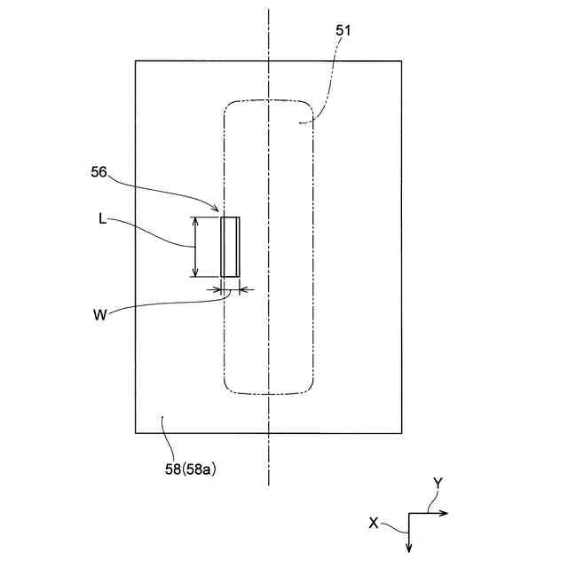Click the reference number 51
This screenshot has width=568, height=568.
click(343, 30)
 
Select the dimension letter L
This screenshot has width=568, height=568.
click(103, 218)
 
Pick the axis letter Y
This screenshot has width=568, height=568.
click(438, 482)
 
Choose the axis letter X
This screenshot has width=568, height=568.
click(374, 524)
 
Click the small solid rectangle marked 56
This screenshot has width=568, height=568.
click(230, 247)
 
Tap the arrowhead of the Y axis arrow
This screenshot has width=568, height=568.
click(446, 513)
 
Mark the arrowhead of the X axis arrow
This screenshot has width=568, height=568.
click(408, 548)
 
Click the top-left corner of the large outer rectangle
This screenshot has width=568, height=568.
click(136, 60)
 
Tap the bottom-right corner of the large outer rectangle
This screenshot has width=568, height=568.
click(402, 432)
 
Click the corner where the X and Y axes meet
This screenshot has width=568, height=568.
click(408, 513)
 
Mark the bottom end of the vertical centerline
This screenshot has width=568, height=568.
click(268, 485)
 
